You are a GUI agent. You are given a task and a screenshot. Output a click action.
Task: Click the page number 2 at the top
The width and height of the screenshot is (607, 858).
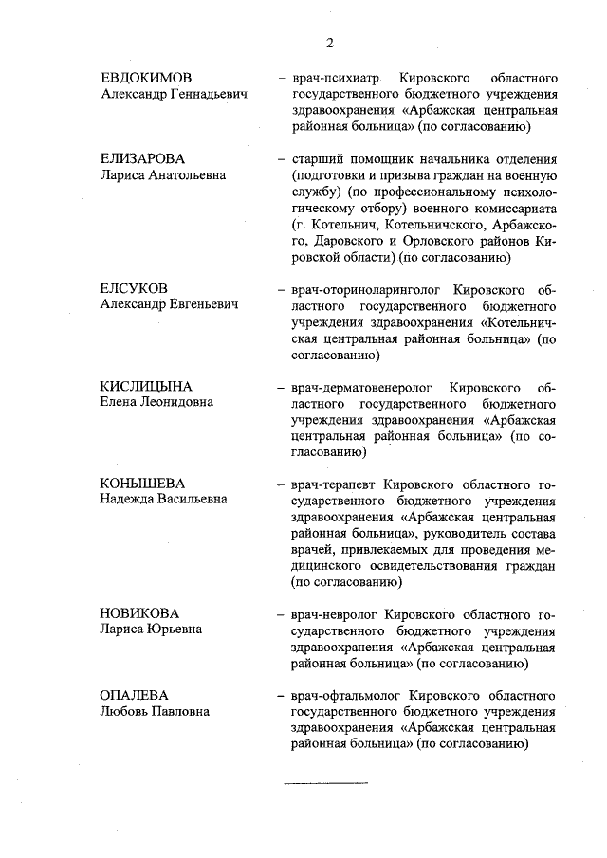tap(329, 42)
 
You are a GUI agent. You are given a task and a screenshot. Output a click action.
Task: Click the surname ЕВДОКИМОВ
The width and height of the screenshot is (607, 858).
tap(147, 78)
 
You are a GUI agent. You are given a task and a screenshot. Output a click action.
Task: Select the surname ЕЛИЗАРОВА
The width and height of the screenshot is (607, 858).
tap(143, 158)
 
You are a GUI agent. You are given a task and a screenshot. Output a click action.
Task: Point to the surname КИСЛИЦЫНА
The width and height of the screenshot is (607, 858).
tap(146, 385)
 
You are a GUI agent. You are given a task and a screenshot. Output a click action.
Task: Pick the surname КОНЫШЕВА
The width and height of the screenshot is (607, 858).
tap(142, 484)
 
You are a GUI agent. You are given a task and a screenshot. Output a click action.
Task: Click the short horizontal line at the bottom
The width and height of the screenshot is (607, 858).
tap(327, 783)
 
